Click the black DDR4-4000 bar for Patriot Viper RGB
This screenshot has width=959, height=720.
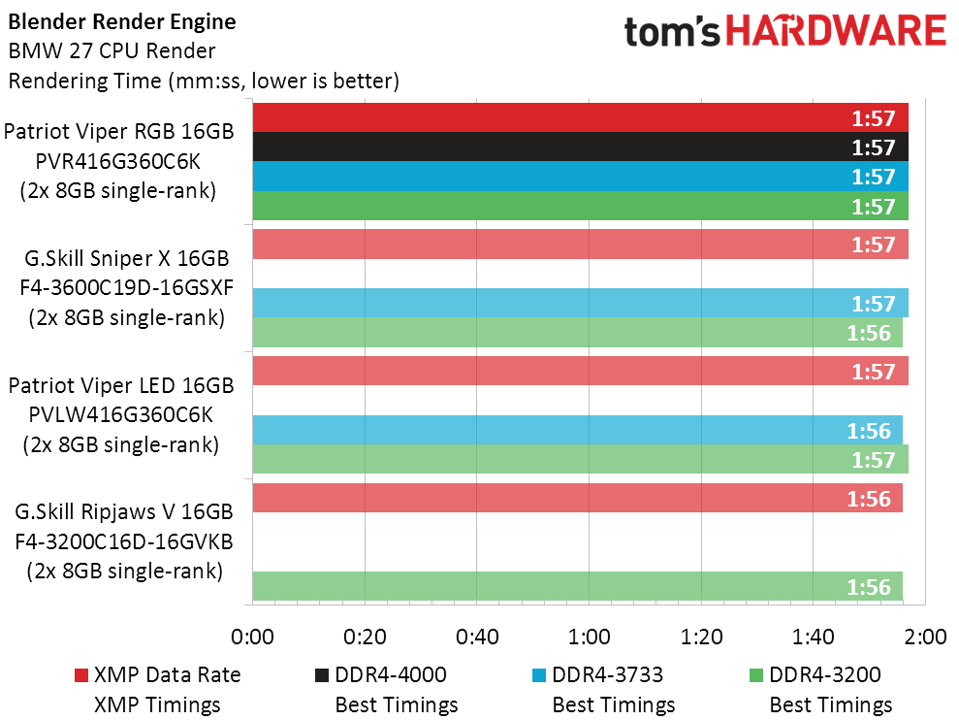[x=581, y=147]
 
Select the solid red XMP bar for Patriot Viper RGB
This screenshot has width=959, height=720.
[x=581, y=117]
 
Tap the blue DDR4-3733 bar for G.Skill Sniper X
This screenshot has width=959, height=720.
[x=581, y=303]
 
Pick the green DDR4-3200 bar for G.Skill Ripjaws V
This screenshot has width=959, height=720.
[x=577, y=586]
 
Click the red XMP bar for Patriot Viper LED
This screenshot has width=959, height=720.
[x=581, y=371]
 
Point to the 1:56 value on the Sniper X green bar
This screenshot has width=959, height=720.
[x=869, y=333]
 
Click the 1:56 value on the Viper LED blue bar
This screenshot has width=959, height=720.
[x=869, y=431]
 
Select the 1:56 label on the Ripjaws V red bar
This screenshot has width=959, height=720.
[x=869, y=499]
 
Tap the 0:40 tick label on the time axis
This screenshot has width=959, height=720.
[x=477, y=637]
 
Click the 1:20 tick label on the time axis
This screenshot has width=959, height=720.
[x=701, y=637]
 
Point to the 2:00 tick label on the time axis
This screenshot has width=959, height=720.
[x=925, y=637]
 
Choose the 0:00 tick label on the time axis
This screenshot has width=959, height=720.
[x=252, y=637]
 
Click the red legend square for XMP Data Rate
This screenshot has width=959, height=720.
[x=81, y=675]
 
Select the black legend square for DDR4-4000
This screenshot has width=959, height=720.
[x=322, y=675]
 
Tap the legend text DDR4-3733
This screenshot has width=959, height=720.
[x=607, y=674]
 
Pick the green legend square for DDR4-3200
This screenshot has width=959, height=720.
[x=756, y=675]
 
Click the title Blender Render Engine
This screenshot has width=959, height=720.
[x=122, y=22]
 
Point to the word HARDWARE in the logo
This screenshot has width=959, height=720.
[x=836, y=31]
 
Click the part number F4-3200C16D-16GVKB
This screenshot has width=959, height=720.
[x=124, y=541]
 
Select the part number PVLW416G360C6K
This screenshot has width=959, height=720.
[x=121, y=415]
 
